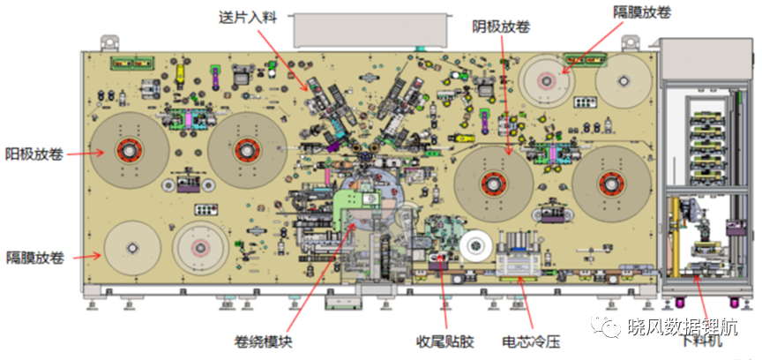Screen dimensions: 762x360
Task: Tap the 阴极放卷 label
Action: (501, 27)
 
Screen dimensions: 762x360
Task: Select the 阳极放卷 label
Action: (34, 154)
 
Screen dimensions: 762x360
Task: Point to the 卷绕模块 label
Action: (263, 342)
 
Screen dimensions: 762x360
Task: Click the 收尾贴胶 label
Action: (444, 342)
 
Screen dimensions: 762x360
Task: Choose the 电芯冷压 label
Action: (531, 342)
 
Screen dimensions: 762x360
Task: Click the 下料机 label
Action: (703, 341)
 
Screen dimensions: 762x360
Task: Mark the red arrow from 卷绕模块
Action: (318, 277)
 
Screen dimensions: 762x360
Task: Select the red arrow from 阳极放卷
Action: (86, 154)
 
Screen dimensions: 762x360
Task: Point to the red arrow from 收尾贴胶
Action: (443, 292)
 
